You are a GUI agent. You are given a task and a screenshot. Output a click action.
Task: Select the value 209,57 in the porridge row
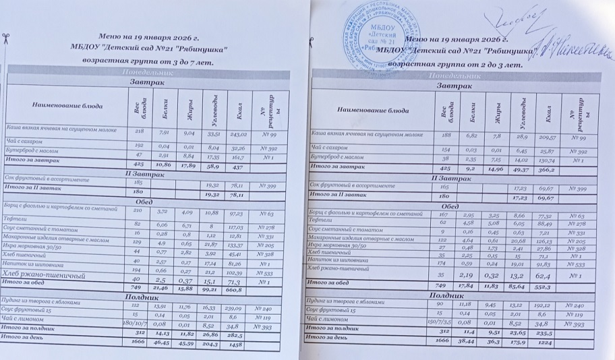click(x=548, y=137)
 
